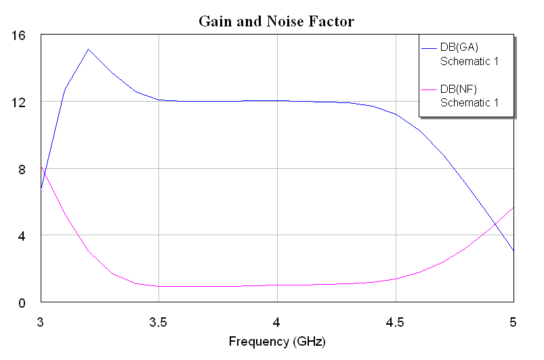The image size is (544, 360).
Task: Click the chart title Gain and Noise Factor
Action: tap(276, 22)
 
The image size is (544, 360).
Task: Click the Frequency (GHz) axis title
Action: tap(276, 341)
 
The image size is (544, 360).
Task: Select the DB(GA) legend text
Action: tap(460, 47)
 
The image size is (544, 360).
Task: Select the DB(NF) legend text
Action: tap(459, 89)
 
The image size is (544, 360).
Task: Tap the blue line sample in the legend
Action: tap(430, 48)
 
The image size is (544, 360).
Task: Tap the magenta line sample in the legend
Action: tap(430, 89)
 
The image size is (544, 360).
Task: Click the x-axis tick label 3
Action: tap(41, 319)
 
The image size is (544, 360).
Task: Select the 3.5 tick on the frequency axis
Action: tap(159, 319)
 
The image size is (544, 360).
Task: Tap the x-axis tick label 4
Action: tap(276, 319)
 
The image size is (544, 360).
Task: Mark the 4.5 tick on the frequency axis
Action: tap(394, 319)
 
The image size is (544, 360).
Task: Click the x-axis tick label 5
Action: tap(513, 319)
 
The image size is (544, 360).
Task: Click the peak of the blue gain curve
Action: tap(88, 49)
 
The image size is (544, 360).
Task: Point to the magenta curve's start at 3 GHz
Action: tap(41, 166)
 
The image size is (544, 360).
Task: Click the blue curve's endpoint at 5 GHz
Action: tap(513, 250)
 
